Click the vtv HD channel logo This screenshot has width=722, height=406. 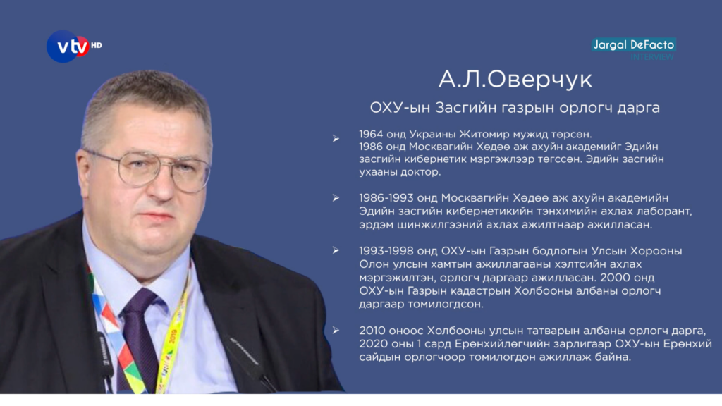coord(73,46)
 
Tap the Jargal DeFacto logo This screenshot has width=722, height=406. coord(634,44)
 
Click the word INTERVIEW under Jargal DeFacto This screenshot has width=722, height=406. coord(652,56)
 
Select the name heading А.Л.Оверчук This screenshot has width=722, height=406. coord(515,79)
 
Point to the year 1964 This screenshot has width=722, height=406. coord(371,134)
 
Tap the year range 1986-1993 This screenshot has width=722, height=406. coord(386,198)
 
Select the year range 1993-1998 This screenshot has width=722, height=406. coord(386,251)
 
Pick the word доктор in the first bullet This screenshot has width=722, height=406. coord(423,172)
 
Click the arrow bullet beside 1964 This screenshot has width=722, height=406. coord(336,139)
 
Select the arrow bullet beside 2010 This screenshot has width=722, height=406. coord(336,331)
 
